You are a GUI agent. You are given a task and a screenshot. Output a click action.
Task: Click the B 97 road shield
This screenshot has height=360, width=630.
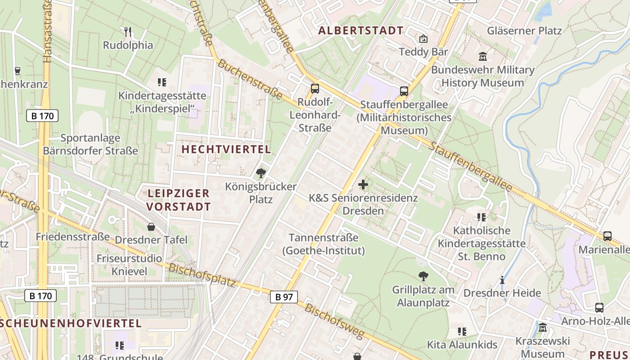[284, 297]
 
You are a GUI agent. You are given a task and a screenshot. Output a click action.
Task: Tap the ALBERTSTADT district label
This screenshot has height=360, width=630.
[361, 31]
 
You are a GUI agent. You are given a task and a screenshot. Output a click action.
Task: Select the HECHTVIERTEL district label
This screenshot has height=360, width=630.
[226, 149]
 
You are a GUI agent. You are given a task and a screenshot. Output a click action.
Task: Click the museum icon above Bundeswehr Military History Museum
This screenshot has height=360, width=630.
[483, 57]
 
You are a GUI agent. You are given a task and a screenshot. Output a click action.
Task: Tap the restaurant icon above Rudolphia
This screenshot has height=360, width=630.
[128, 31]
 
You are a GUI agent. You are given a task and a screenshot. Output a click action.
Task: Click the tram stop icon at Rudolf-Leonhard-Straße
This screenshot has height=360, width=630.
[315, 88]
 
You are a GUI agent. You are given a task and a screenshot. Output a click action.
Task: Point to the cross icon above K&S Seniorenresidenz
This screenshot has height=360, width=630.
[363, 184]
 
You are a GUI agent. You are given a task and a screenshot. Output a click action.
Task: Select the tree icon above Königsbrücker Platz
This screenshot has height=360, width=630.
[261, 173]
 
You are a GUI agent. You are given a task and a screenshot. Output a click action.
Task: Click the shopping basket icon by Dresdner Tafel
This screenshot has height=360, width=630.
[151, 227]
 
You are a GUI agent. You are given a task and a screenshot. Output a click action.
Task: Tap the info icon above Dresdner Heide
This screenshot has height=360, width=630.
[502, 280]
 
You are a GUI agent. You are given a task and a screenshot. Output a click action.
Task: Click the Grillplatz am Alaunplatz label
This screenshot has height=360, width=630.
[423, 296]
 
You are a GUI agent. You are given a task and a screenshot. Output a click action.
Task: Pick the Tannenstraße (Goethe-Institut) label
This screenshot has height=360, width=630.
[324, 244]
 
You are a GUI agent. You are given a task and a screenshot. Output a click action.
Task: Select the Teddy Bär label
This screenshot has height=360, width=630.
[423, 52]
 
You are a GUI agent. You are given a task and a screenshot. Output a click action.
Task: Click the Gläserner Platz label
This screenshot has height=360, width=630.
[524, 31]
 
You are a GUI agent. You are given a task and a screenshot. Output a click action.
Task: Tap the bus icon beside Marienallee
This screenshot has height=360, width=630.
[607, 236]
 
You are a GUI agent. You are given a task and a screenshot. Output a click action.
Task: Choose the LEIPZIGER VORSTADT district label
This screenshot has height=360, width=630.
[179, 200]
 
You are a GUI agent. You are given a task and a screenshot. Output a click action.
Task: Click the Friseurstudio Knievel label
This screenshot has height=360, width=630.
[129, 265]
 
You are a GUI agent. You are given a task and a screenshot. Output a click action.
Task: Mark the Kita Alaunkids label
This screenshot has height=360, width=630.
[462, 345]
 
